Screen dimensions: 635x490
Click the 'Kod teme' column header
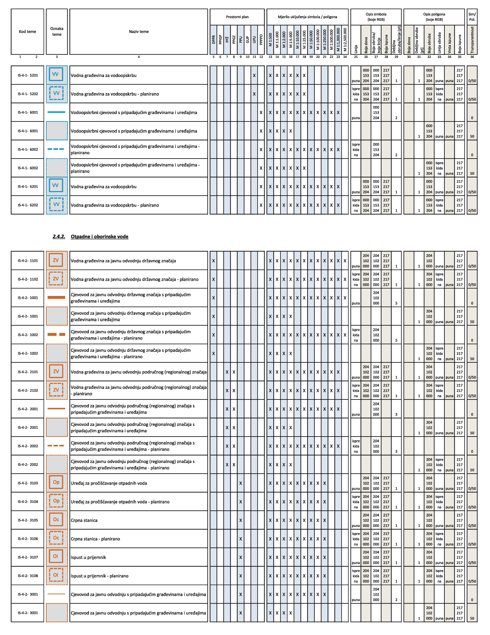click(28, 32)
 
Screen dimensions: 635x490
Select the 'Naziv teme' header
click(139, 32)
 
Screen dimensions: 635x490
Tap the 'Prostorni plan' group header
click(237, 17)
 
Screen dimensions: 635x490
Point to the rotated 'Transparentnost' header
click(472, 40)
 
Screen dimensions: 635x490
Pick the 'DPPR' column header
click(213, 40)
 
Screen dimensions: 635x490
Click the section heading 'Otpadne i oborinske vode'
click(99, 237)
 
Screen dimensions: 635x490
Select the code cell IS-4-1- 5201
click(28, 75)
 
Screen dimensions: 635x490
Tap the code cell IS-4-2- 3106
click(28, 539)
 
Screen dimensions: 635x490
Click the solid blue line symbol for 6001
click(57, 112)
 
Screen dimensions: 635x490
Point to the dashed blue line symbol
click(57, 149)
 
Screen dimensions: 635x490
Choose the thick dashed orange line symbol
click(57, 334)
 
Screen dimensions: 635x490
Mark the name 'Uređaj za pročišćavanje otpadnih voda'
click(109, 483)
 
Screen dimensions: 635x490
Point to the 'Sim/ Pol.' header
click(472, 17)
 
